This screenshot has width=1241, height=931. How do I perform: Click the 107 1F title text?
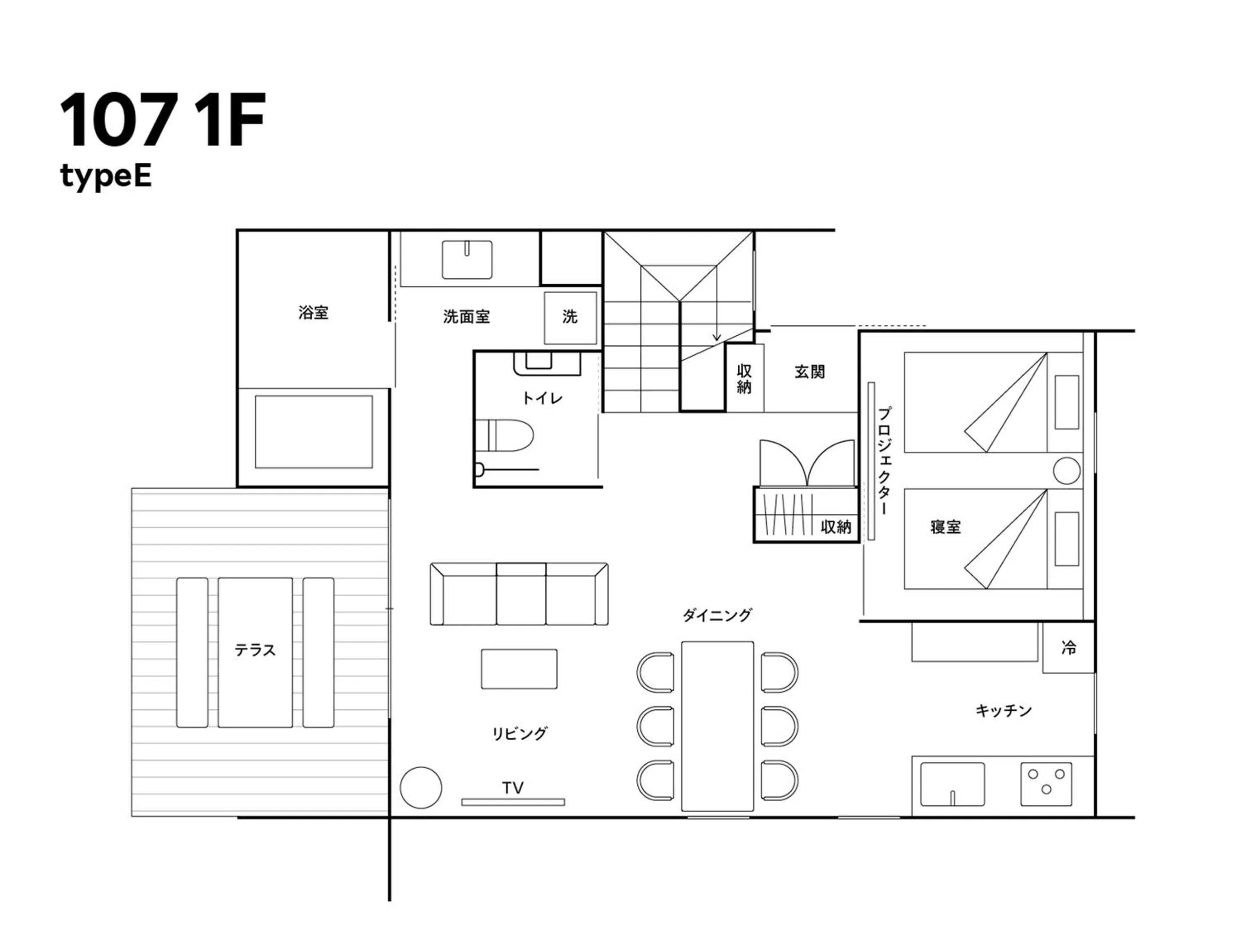click(163, 121)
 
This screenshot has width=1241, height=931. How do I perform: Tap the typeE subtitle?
click(106, 177)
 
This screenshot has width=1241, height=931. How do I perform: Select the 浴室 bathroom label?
click(313, 312)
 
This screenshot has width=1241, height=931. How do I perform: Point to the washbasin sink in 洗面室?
click(467, 259)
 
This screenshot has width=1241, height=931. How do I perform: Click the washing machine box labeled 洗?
click(570, 317)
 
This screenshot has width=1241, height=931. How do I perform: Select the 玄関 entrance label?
click(809, 372)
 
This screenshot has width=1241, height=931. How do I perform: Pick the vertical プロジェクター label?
click(884, 461)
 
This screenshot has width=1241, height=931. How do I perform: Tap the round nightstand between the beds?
click(1066, 471)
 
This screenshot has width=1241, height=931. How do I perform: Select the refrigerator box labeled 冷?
click(1068, 647)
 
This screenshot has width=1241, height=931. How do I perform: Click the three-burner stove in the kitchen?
click(1046, 784)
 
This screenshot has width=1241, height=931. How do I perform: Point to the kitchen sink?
click(952, 784)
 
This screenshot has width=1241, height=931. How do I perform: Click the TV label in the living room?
click(513, 787)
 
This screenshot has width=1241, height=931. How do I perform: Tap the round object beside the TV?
click(421, 787)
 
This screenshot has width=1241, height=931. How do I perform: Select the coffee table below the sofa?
click(519, 669)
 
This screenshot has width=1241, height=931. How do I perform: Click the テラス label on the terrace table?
click(255, 650)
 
